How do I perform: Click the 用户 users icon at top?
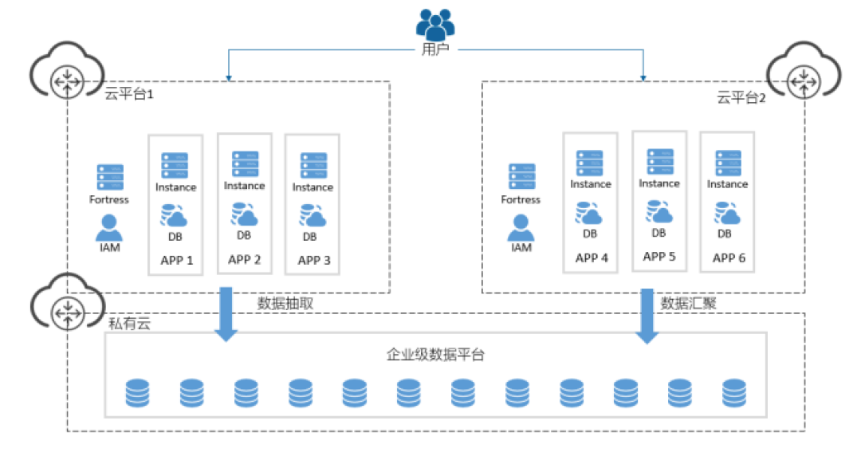pyautogui.click(x=435, y=25)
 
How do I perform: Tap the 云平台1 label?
pyautogui.click(x=129, y=94)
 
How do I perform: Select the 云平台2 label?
pyautogui.click(x=741, y=98)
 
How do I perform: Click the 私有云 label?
pyautogui.click(x=129, y=324)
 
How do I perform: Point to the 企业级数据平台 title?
pyautogui.click(x=435, y=355)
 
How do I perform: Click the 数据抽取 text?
pyautogui.click(x=285, y=304)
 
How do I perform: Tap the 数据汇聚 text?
pyautogui.click(x=688, y=304)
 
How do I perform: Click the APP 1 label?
pyautogui.click(x=177, y=260)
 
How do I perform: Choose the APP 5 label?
pyautogui.click(x=659, y=257)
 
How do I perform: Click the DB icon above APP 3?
pyautogui.click(x=313, y=216)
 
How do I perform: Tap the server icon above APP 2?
pyautogui.click(x=245, y=163)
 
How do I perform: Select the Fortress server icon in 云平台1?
pyautogui.click(x=110, y=177)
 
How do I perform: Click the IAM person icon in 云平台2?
pyautogui.click(x=521, y=228)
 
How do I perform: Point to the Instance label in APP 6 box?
pyautogui.click(x=727, y=184)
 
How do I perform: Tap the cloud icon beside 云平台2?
pyautogui.click(x=804, y=70)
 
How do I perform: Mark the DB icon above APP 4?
pyautogui.click(x=588, y=213)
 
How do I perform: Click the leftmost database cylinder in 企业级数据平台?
pyautogui.click(x=137, y=393)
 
